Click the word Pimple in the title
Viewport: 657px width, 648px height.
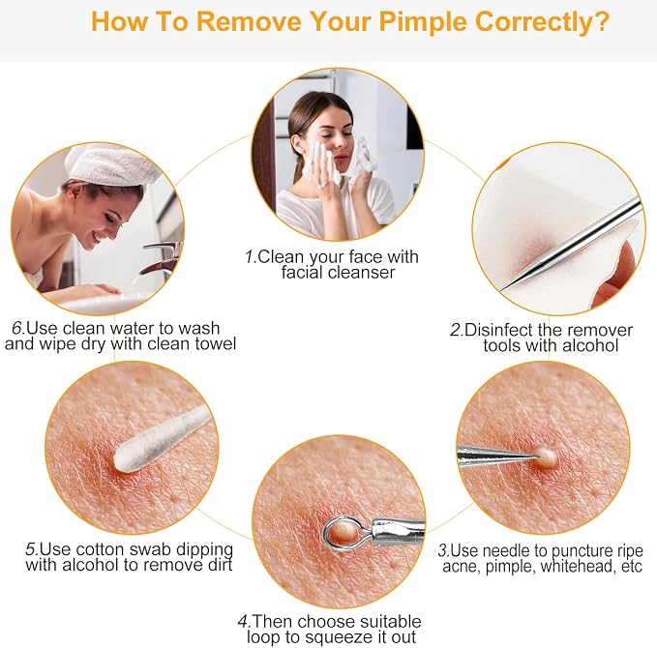tap(423, 22)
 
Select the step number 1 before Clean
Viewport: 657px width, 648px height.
tap(251, 256)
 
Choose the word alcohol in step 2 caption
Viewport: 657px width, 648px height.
tap(590, 345)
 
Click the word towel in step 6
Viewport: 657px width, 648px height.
tap(216, 344)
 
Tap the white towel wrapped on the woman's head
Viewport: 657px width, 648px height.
tap(111, 164)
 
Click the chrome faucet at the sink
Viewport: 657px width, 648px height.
tap(163, 256)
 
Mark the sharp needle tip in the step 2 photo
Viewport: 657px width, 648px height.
tap(502, 289)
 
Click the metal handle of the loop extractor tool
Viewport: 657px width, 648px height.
tap(398, 530)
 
